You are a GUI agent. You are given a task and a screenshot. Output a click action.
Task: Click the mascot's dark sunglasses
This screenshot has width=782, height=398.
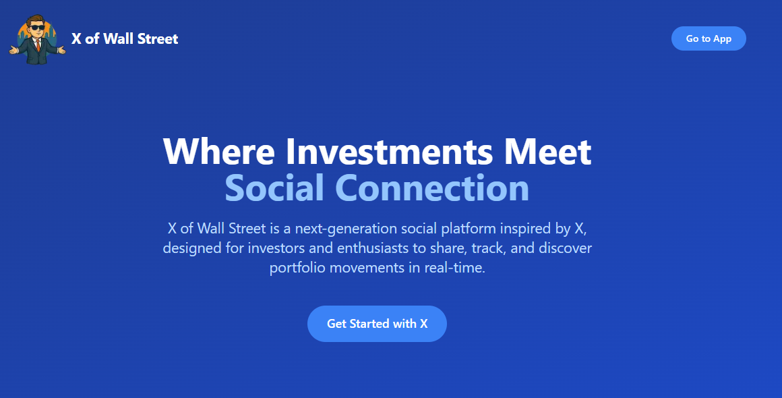36,28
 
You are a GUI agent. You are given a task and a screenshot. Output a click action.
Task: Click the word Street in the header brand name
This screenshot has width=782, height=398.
158,38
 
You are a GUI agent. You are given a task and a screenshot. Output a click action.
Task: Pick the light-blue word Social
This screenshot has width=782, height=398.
274,188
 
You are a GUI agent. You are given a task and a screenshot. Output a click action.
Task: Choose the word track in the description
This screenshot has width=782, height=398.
487,248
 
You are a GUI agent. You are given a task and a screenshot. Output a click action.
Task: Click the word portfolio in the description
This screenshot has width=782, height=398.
297,267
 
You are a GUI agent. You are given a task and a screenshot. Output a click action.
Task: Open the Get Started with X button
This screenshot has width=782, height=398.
377,324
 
